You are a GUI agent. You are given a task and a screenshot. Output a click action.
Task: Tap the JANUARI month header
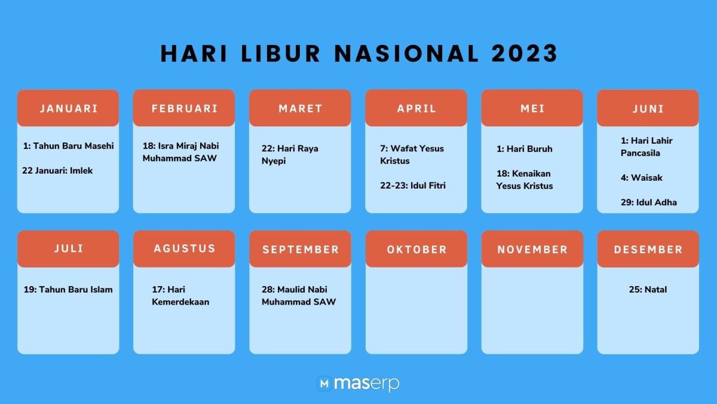pos(68,108)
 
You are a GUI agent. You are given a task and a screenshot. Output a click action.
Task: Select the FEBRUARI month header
pos(184,108)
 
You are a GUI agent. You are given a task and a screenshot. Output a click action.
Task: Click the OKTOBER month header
pos(416,250)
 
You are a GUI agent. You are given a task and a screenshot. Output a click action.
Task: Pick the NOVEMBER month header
pos(532,250)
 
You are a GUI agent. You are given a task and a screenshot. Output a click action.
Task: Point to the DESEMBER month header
pos(648,250)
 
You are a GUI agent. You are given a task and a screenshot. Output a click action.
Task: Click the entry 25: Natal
pos(648,290)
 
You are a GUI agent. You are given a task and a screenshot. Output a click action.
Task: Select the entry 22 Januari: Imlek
pos(57,171)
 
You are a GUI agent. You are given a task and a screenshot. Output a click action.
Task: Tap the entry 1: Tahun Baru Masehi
pos(68,145)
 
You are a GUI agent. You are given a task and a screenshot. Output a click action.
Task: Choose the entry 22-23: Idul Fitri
pos(413,186)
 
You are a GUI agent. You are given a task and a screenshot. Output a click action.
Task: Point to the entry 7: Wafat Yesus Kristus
pos(412,154)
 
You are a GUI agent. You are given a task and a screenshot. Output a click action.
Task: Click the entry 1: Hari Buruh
pos(524,148)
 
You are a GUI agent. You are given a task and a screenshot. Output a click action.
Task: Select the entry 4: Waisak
pos(641,178)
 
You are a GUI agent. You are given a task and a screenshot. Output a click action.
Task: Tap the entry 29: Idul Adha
pos(648,202)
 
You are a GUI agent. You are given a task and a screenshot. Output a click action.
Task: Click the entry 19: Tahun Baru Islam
pos(68,290)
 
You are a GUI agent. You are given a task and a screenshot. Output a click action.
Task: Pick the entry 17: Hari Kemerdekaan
pos(180,296)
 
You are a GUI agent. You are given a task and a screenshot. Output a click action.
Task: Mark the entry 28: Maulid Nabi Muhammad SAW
pos(298,296)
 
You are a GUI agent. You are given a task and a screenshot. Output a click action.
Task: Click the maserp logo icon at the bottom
pos(324,383)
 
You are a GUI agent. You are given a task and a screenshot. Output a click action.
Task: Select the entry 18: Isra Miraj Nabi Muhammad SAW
pos(180,152)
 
